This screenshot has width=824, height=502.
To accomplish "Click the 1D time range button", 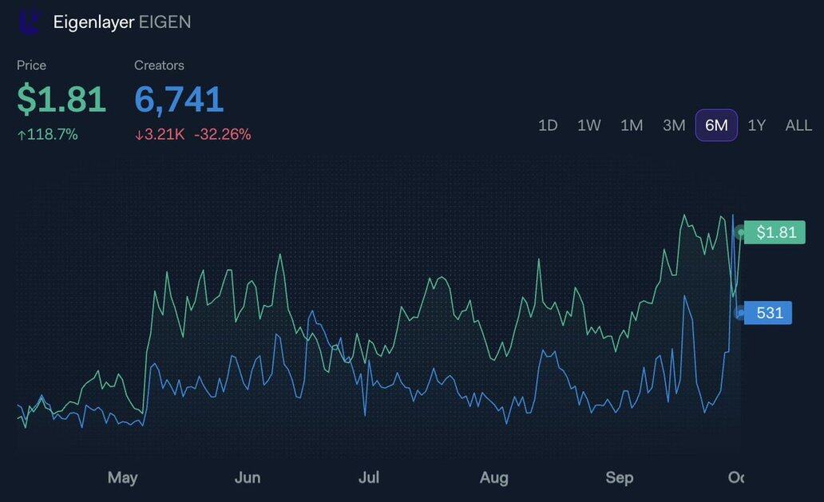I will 548,125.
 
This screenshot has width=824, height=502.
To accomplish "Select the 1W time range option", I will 589,125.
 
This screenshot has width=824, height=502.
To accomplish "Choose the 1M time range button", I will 632,125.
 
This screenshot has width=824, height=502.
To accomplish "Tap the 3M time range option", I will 674,125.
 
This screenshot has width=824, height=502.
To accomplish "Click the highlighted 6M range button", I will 716,125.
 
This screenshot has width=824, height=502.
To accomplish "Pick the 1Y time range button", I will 757,125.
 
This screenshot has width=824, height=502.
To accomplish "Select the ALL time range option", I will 798,125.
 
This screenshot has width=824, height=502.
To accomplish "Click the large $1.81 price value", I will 61,100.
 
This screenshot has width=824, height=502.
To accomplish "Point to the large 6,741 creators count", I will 179,100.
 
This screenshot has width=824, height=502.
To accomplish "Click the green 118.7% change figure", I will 48,135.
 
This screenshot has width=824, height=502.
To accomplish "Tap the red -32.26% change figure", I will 223,135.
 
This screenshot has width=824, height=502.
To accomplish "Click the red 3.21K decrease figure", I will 160,135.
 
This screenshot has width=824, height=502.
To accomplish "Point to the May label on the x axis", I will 122,477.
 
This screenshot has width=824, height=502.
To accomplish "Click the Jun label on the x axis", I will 248,477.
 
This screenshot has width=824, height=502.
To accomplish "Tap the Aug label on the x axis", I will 493,477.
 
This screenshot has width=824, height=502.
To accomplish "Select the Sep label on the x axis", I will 619,477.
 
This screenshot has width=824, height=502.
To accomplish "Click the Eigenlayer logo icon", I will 29,22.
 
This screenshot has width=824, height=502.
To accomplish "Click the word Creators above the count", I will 159,65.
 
